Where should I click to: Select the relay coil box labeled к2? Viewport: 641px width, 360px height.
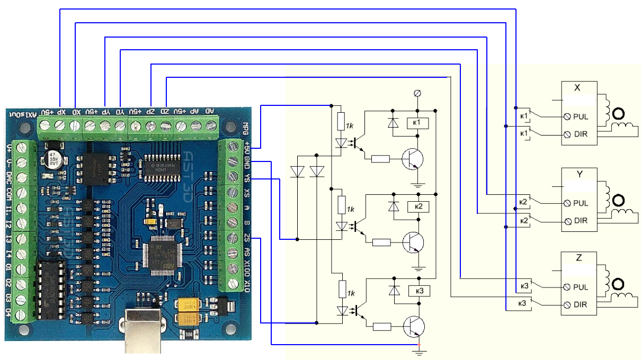[417, 206]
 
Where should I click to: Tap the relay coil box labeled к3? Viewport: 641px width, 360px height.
[417, 290]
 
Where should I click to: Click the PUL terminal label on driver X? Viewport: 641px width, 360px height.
[581, 116]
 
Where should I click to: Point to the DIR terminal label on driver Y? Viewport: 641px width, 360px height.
[581, 221]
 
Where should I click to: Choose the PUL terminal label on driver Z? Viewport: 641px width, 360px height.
[581, 287]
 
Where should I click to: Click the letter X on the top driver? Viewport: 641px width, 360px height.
[578, 88]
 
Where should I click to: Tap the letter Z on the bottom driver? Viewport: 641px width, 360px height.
[578, 259]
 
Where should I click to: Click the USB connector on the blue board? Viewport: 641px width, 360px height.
[143, 331]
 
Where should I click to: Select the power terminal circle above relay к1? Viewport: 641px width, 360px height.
[417, 94]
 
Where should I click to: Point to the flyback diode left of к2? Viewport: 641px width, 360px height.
[393, 206]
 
